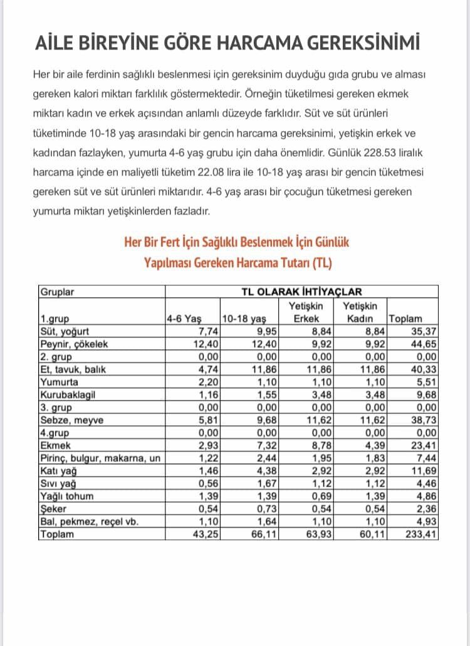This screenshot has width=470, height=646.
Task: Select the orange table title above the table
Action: [x=237, y=252]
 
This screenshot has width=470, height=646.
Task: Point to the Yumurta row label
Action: [x=59, y=382]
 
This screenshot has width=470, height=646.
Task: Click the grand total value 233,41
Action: [x=423, y=534]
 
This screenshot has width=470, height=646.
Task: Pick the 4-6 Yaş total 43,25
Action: [x=204, y=534]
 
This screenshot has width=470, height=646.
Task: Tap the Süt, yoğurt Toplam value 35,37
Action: [x=424, y=331]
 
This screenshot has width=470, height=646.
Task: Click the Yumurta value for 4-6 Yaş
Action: [x=207, y=382]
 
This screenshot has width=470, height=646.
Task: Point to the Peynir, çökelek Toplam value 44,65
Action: [x=424, y=344]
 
